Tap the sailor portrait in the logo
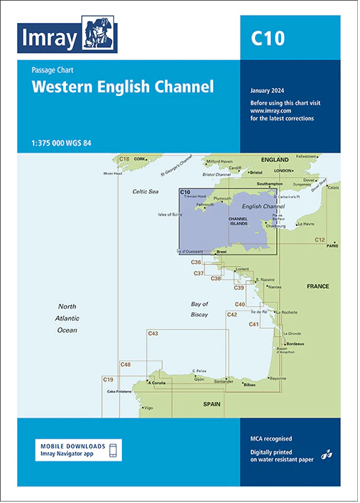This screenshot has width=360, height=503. (98, 34)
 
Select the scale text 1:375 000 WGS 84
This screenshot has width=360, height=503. (62, 141)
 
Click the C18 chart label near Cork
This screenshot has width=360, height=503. (124, 158)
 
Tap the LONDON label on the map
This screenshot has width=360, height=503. (283, 171)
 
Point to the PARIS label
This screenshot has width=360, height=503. (332, 246)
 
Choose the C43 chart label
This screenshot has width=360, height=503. (153, 333)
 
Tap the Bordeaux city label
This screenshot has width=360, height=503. (296, 345)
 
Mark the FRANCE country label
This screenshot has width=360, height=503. (318, 287)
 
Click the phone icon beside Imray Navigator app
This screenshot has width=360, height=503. (113, 450)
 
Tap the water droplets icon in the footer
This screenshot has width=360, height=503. (326, 454)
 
